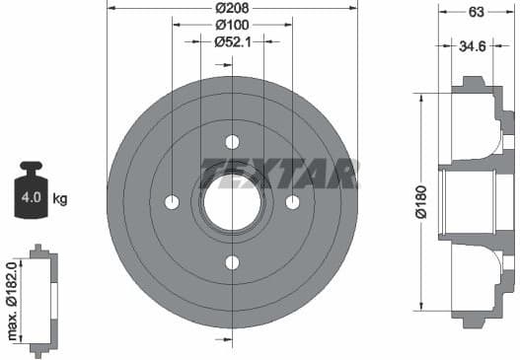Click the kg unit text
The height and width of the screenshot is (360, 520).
pyautogui.click(x=60, y=199)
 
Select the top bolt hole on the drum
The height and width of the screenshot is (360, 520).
pyautogui.click(x=232, y=141)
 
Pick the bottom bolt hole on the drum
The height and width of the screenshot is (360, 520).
pyautogui.click(x=232, y=262)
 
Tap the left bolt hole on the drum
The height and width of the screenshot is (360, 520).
pyautogui.click(x=172, y=202)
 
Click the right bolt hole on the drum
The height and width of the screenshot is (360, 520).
pyautogui.click(x=292, y=202)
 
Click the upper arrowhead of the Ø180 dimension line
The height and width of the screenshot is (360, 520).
pyautogui.click(x=424, y=97)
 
